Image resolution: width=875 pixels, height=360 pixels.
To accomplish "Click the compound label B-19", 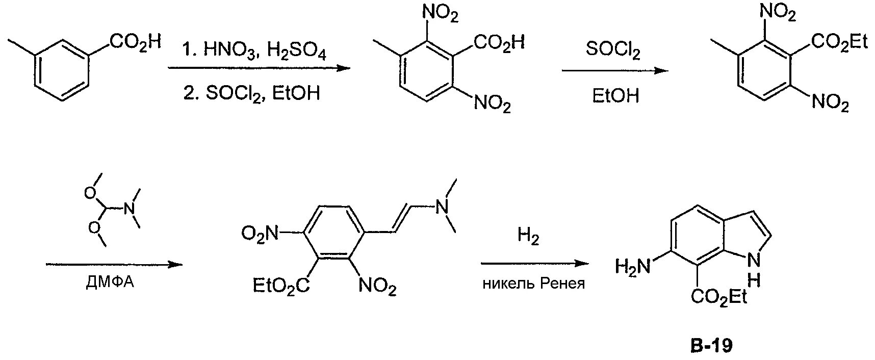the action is pyautogui.click(x=711, y=346).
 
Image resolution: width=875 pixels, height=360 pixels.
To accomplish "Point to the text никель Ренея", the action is pyautogui.click(x=533, y=284).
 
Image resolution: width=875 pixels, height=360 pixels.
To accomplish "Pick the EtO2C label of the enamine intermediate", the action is pyautogui.click(x=281, y=286).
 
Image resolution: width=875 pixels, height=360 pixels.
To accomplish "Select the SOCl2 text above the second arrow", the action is pyautogui.click(x=614, y=50).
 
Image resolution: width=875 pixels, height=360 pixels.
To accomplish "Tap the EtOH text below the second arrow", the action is pyautogui.click(x=615, y=95).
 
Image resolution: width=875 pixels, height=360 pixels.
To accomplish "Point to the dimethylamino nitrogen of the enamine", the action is pyautogui.click(x=442, y=207).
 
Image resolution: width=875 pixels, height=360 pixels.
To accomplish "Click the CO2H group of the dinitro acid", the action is pyautogui.click(x=499, y=42).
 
